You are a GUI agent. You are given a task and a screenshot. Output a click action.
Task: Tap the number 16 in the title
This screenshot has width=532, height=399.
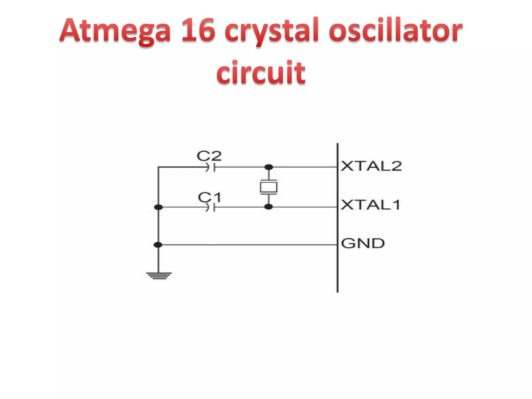[198, 30]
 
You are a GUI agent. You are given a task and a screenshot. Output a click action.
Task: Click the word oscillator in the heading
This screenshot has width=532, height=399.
[395, 30]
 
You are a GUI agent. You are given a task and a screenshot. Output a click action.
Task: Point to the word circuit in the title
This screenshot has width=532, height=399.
[261, 72]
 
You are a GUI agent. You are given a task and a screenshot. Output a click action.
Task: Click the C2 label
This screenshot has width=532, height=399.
[209, 156]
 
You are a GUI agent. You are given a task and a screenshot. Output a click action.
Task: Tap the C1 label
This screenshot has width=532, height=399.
[209, 197]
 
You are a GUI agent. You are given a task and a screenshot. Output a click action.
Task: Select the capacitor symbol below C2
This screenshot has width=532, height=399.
[211, 167]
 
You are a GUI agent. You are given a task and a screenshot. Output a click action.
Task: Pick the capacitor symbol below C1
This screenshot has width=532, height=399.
[211, 207]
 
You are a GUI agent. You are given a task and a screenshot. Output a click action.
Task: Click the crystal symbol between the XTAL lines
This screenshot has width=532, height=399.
[269, 187]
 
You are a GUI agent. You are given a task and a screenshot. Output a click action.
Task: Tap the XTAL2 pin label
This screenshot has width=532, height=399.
[371, 166]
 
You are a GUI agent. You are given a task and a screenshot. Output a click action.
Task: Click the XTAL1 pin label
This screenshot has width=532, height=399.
[370, 205]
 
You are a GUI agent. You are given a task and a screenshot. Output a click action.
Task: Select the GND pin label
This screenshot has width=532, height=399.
[363, 243]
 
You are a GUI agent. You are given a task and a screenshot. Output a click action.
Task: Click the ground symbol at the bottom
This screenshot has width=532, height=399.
[159, 275]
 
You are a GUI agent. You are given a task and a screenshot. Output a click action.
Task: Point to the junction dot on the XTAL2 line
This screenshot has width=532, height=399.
[269, 167]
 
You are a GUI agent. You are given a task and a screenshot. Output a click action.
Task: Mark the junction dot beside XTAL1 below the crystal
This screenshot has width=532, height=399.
[269, 207]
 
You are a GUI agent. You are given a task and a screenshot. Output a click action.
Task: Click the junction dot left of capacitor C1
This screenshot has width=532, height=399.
[158, 207]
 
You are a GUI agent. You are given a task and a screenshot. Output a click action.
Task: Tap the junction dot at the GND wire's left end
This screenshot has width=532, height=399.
[158, 245]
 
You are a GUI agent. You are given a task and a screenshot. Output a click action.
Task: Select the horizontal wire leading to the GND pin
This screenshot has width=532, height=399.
[247, 245]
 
